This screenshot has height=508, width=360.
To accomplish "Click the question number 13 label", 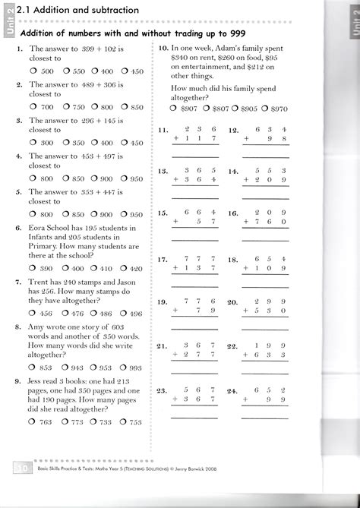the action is (x=163, y=172).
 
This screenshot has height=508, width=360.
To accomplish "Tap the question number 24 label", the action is (x=233, y=391).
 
